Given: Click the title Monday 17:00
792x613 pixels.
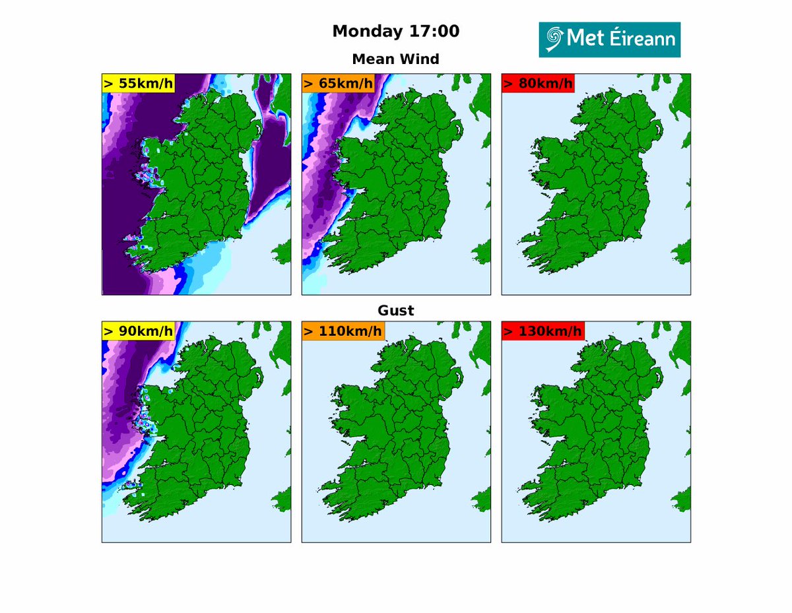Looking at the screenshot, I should click(396, 31).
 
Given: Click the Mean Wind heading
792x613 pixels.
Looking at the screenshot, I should click(396, 59).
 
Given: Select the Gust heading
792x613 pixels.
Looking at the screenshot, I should click(396, 310).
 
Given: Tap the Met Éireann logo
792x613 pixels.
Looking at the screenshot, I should click(609, 40).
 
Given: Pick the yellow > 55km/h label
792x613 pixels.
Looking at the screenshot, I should click(137, 84).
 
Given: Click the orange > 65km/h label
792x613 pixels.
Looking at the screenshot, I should click(337, 84).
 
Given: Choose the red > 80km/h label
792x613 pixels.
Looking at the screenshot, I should click(537, 84).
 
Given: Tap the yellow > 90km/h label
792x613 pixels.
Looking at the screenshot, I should click(137, 331).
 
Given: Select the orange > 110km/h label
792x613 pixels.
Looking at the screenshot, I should click(343, 331).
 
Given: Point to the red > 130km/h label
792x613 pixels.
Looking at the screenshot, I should click(543, 331).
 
